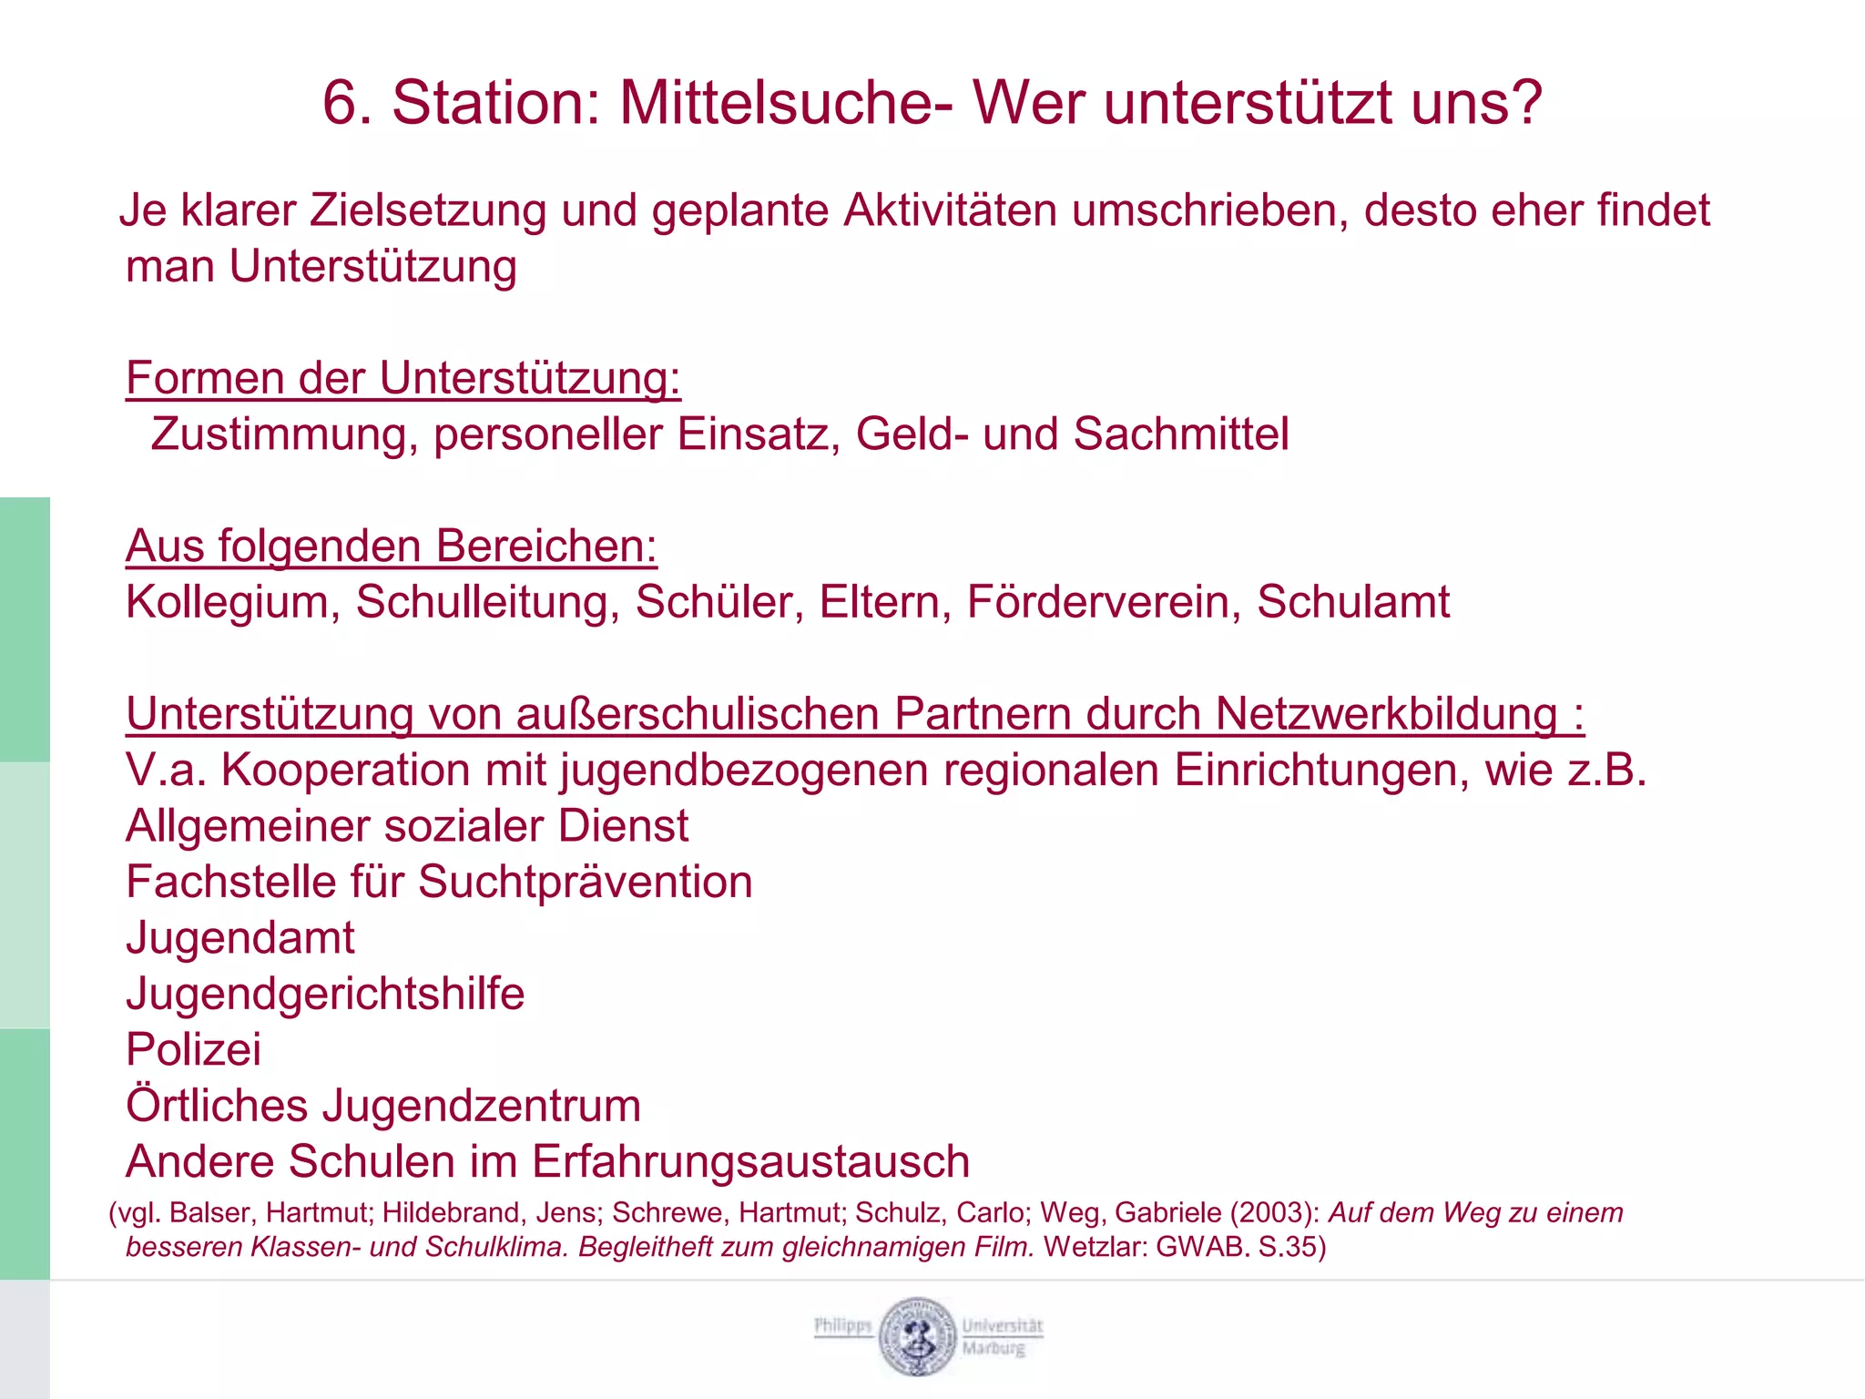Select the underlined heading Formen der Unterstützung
pos(403,378)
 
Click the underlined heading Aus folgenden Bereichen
pos(391,546)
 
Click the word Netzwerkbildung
pos(1386,714)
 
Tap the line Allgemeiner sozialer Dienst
pos(407,826)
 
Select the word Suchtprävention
pos(585,883)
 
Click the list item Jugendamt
pos(240,938)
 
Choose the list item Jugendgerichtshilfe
pos(325,994)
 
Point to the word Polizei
pos(193,1049)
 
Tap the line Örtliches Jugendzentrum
pos(383,1106)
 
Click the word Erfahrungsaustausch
pos(750,1162)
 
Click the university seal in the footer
pos(918,1336)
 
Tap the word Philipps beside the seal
pos(843,1325)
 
